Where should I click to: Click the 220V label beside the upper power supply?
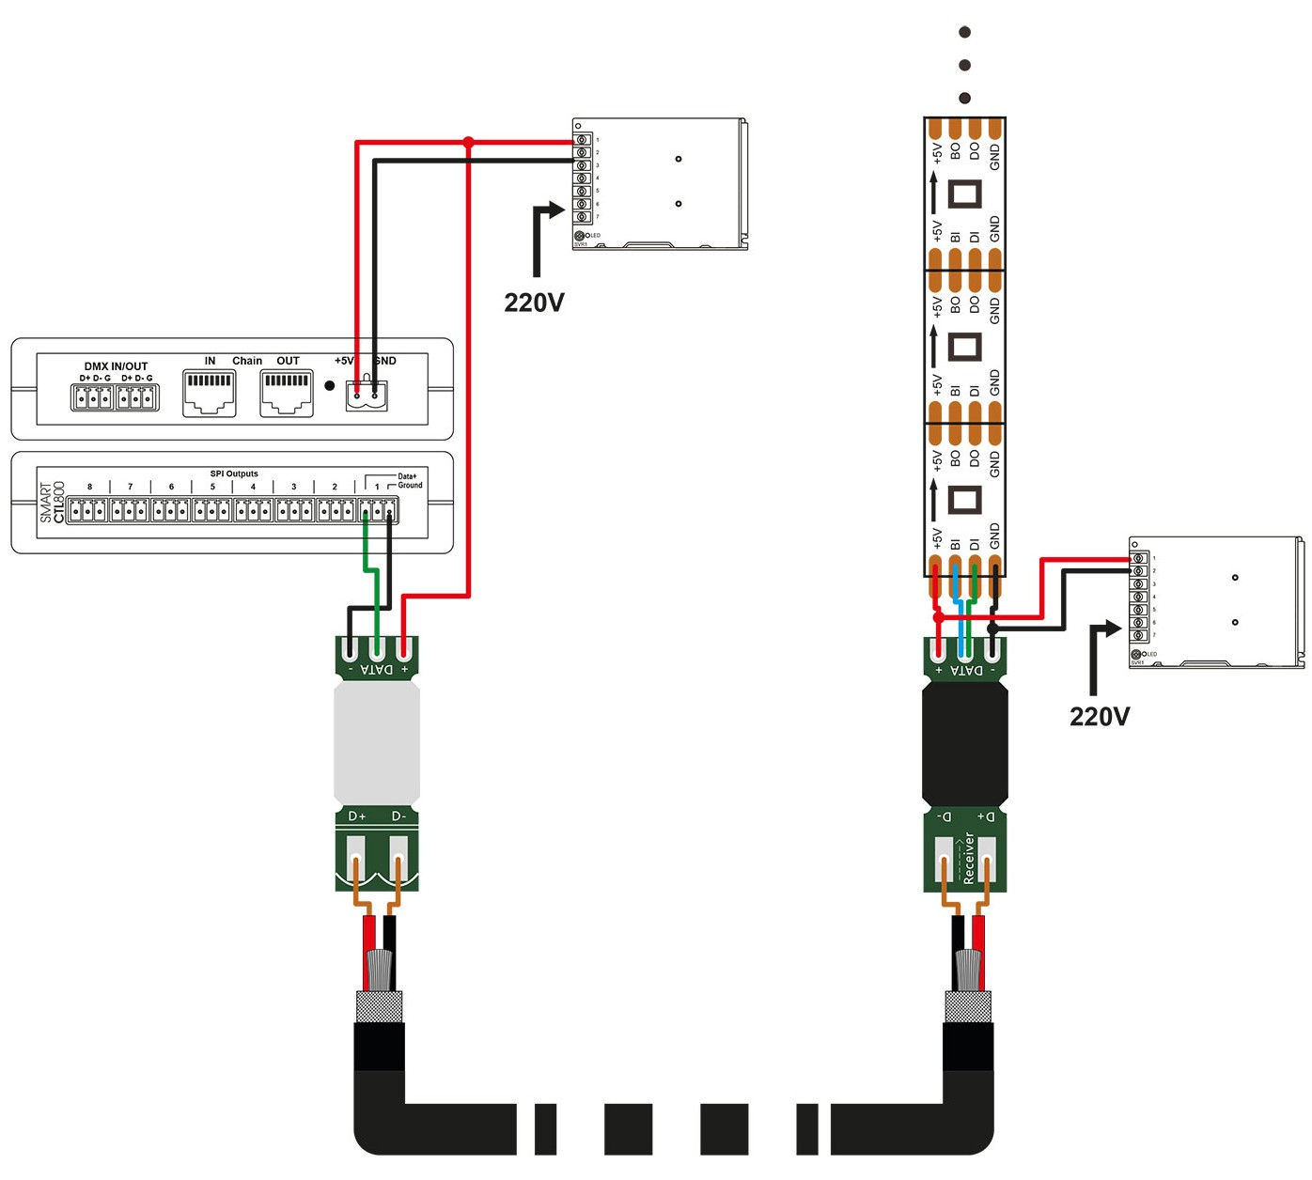click(534, 303)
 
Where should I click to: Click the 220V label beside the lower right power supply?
click(1100, 717)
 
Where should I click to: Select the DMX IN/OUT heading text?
click(116, 366)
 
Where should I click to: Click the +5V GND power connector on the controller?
click(366, 396)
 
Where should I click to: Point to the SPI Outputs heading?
click(234, 474)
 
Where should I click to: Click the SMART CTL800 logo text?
click(54, 503)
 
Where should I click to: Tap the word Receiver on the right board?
click(969, 858)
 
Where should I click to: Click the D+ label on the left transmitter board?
click(357, 816)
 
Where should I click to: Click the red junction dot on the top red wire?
click(469, 143)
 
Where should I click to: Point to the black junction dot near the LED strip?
click(993, 627)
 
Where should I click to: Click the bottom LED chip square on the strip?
click(964, 499)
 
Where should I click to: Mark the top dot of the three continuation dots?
click(964, 33)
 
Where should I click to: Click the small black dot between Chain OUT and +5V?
click(329, 384)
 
